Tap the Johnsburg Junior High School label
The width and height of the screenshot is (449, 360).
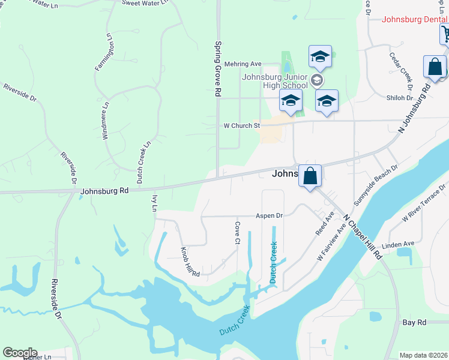274,81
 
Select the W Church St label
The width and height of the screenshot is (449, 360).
241,126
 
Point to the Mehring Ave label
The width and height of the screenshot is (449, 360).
243,64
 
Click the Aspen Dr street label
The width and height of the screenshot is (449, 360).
269,215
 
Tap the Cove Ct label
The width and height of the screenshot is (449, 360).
238,228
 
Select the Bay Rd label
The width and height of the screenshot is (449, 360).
414,322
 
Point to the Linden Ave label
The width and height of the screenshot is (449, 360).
400,244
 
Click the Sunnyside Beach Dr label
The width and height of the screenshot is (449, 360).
376,182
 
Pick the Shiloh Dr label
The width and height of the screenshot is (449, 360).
401,98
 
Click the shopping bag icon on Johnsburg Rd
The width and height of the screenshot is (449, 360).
310,176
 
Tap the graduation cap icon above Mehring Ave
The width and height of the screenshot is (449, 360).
320,58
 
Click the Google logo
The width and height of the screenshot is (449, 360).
20,353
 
